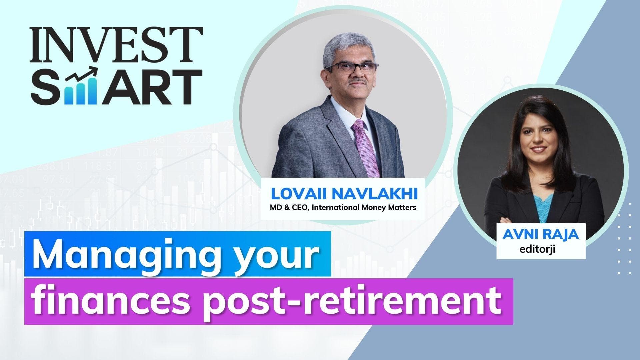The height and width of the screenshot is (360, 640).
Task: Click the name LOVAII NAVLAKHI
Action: [x=343, y=194]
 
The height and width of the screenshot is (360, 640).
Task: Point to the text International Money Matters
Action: [x=364, y=208]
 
